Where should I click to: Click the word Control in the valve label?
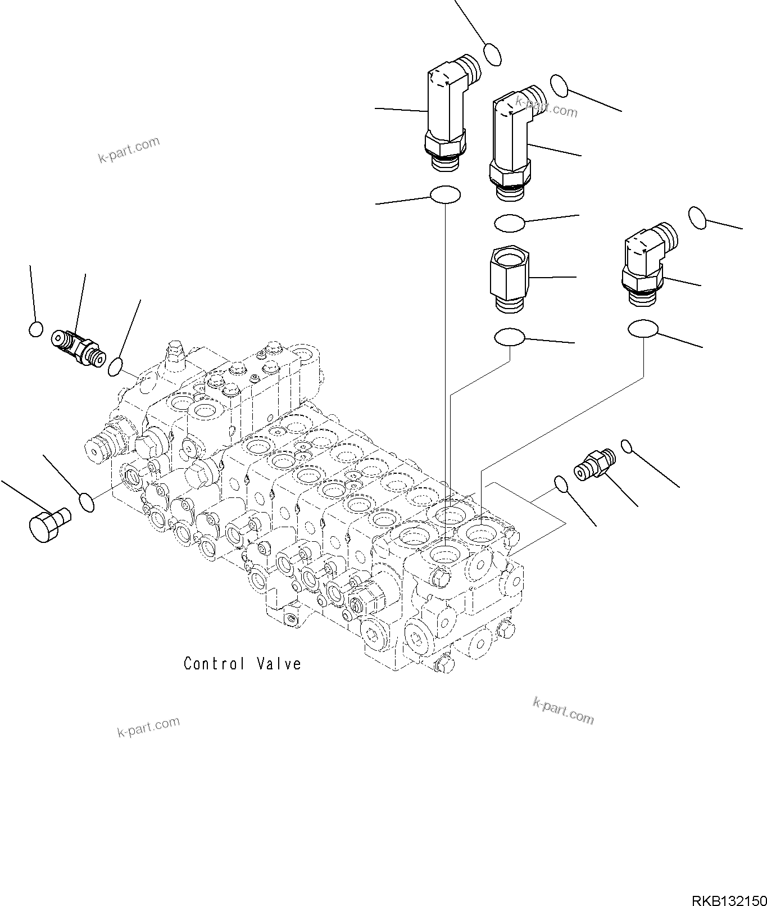[x=214, y=664]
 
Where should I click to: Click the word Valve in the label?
[x=279, y=664]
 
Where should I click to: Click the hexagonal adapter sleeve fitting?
[x=509, y=278]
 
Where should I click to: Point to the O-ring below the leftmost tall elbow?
[x=445, y=195]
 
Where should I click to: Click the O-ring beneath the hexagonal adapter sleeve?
[x=509, y=337]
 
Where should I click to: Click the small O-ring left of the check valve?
[x=35, y=329]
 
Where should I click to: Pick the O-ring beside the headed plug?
[x=86, y=501]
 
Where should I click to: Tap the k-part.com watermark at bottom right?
[x=562, y=710]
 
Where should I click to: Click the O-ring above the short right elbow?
[x=697, y=218]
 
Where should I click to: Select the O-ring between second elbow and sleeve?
[x=509, y=223]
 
